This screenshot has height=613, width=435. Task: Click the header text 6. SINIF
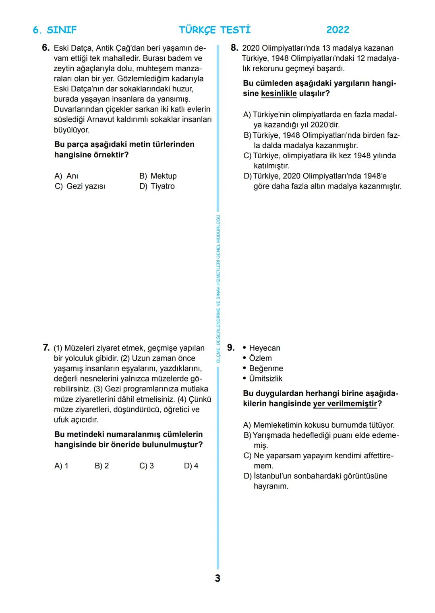click(54, 30)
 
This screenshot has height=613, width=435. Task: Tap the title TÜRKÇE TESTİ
click(215, 30)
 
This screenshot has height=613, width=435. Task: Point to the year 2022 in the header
click(338, 30)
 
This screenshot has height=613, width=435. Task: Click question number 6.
click(46, 48)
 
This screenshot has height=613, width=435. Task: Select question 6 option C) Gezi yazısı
click(80, 186)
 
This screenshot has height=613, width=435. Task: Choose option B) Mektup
click(158, 176)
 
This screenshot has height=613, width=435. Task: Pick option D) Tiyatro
click(157, 186)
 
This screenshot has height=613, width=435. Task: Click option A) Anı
click(66, 176)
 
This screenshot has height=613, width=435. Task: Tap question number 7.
click(46, 348)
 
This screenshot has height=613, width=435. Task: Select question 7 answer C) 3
click(147, 466)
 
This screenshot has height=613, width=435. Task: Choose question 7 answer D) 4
click(191, 466)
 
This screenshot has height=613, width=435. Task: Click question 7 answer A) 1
click(61, 466)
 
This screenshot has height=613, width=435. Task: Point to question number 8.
click(234, 48)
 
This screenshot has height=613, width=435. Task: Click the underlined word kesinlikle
click(279, 93)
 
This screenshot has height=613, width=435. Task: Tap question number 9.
click(231, 348)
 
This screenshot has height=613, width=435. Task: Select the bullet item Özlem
click(260, 358)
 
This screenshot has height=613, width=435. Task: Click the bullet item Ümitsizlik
click(265, 379)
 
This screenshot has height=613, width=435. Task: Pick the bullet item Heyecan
click(264, 348)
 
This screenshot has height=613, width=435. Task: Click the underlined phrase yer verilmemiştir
click(345, 404)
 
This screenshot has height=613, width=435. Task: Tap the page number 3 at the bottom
click(217, 578)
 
